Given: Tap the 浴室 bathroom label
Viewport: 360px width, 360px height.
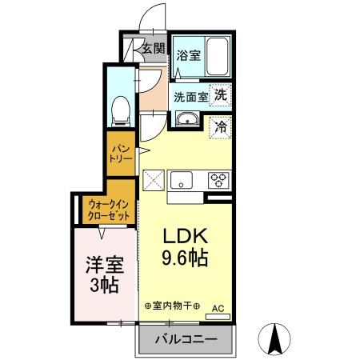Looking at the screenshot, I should click(x=188, y=56).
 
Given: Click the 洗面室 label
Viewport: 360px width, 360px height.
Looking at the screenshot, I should click(x=191, y=96).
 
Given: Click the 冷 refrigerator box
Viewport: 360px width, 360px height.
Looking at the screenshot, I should click(x=219, y=126).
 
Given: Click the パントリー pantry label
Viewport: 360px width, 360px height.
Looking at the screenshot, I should click(x=120, y=153).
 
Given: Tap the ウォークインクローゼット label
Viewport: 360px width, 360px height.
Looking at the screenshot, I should click(x=110, y=210).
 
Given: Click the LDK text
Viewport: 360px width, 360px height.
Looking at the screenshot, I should click(x=186, y=238).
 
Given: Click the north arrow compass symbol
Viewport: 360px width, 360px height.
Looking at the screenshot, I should click(x=276, y=339).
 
